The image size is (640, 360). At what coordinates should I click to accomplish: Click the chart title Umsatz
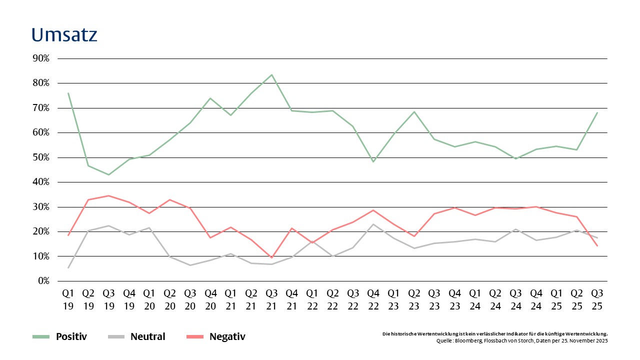[64, 35]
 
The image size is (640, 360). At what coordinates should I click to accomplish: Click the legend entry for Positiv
[71, 336]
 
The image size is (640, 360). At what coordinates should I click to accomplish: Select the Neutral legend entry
[147, 336]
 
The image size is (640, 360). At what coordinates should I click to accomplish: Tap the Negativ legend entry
[227, 336]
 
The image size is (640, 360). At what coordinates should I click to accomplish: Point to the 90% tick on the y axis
[41, 58]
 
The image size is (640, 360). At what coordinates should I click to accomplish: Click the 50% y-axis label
[41, 157]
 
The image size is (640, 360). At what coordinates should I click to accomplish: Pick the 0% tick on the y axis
[43, 281]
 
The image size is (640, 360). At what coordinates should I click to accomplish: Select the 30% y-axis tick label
[41, 207]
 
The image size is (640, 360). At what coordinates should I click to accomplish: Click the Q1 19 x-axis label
[68, 298]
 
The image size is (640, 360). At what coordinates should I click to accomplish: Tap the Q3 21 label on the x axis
[271, 298]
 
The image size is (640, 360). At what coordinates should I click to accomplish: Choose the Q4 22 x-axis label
[373, 298]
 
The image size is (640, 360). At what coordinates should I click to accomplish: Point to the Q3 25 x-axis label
[597, 298]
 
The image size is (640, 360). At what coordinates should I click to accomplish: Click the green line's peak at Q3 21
[271, 74]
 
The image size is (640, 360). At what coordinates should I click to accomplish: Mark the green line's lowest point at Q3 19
[108, 174]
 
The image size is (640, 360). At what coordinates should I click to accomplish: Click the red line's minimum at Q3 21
[271, 258]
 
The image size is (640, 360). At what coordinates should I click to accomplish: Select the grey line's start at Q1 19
[68, 268]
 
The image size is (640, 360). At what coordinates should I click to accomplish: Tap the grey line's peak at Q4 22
[373, 224]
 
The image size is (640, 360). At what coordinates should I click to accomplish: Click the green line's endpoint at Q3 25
[597, 112]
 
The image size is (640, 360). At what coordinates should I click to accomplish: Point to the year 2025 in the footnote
[599, 340]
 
